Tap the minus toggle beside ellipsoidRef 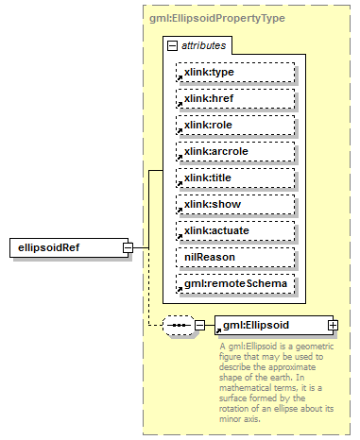[128, 247]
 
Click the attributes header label [203, 45]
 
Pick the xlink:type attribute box [234, 72]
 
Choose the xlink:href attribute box [234, 98]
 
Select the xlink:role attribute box [234, 125]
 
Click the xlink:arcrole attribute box [234, 151]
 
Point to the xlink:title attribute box [234, 178]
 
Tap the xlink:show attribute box [234, 204]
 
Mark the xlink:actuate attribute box [234, 230]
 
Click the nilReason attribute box [234, 257]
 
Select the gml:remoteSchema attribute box [234, 283]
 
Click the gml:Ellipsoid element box [268, 325]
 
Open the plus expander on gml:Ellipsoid [333, 325]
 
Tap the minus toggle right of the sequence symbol [200, 325]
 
